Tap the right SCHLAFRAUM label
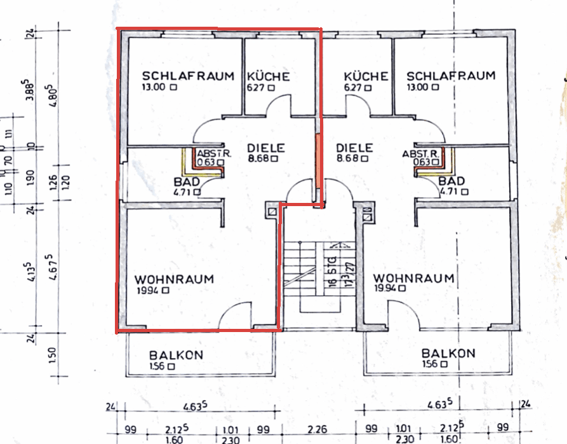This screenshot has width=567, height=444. click(451, 76)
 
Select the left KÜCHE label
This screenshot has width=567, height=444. click(268, 76)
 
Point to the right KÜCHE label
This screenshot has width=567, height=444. click(366, 76)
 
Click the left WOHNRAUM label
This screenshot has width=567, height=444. click(174, 279)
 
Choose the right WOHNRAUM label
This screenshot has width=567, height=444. click(413, 279)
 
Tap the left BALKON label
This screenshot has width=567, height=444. click(176, 355)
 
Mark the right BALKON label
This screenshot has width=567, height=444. click(448, 353)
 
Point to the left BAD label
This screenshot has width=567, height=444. click(186, 182)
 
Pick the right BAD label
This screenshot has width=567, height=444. click(451, 181)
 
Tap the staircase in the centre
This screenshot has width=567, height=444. click(314, 274)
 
